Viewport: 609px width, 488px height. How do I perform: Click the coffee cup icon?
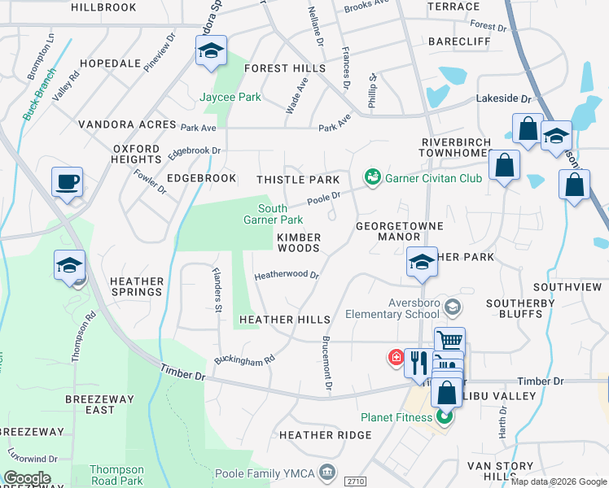tap(66, 181)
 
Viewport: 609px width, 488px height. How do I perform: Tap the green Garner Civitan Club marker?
tap(373, 176)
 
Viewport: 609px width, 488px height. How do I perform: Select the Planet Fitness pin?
tap(444, 419)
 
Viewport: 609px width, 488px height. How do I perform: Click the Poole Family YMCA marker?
tap(327, 471)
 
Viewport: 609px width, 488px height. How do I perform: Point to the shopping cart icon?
tap(449, 341)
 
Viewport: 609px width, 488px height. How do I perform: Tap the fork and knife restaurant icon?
tap(418, 361)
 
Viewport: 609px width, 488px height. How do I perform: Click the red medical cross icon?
tap(395, 357)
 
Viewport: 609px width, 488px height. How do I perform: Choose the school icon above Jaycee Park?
tap(210, 51)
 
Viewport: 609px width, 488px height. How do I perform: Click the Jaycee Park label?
tap(230, 97)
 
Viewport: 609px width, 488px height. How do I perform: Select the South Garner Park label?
tap(274, 214)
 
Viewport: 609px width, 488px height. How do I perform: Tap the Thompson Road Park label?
tap(116, 476)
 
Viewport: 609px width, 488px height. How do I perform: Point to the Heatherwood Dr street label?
tap(286, 275)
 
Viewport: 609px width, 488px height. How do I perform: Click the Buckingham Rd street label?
tap(244, 359)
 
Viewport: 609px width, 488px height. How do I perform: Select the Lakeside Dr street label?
tap(502, 98)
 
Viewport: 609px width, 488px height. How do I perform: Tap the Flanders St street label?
tap(217, 289)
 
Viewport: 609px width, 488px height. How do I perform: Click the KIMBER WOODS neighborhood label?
tap(299, 242)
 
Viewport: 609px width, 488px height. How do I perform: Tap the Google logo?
tap(27, 478)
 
